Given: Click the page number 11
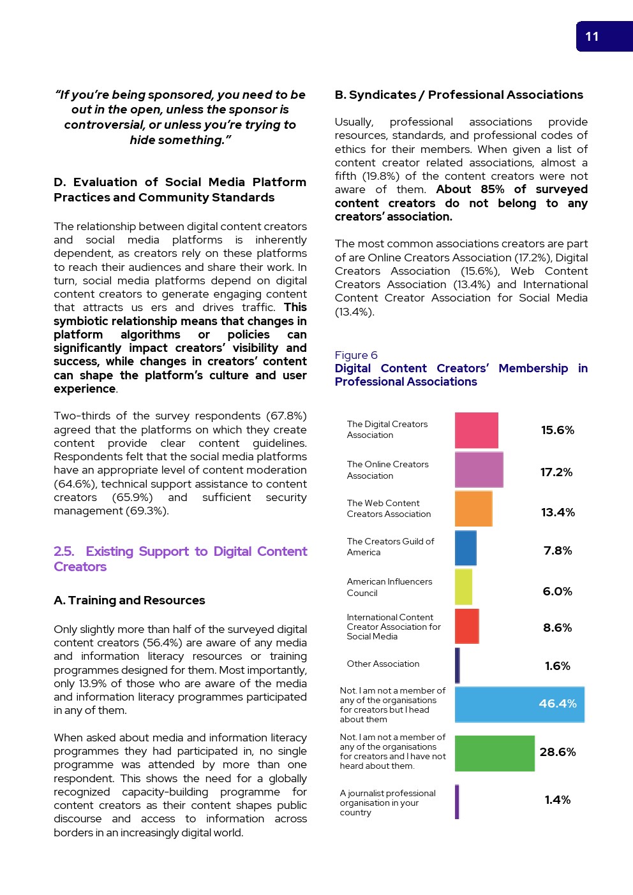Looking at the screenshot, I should [592, 37].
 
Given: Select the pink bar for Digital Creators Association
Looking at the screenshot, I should [476, 430].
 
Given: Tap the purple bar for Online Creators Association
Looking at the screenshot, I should [479, 470].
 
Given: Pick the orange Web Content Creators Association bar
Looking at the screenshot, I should [473, 509].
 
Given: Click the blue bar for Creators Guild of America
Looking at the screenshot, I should [465, 548].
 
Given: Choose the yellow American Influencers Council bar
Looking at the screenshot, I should [463, 587].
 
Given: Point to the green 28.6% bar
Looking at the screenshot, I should [495, 753].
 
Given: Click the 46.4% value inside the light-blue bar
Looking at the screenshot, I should [557, 704].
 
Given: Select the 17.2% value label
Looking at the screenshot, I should [556, 472].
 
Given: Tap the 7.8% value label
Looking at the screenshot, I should [558, 551].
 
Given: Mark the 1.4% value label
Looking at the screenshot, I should [558, 800].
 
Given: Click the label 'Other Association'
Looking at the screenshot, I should [383, 664].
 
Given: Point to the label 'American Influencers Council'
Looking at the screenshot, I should [389, 587].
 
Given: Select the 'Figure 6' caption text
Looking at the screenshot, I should [356, 355].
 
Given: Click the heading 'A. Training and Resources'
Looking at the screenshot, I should [130, 600].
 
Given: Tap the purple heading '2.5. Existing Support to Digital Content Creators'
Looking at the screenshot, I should [181, 559].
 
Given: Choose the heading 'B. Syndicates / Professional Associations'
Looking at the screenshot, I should [459, 95].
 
